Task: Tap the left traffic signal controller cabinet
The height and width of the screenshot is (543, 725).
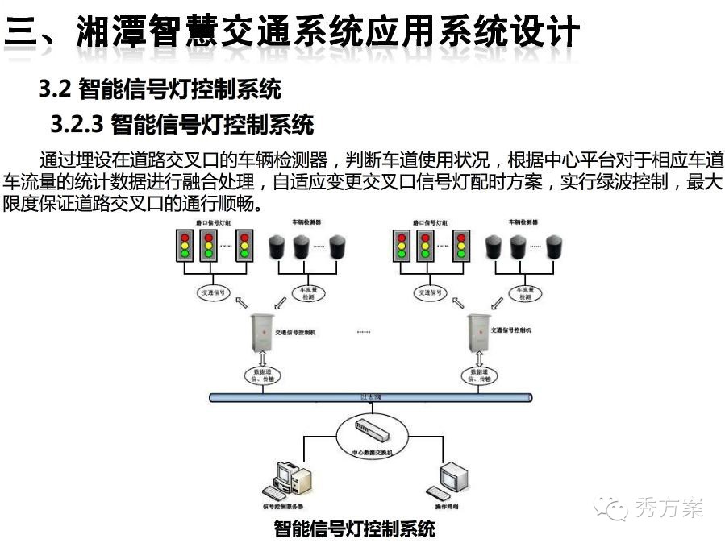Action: [x=261, y=330]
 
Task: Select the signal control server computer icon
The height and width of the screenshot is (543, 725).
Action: [x=286, y=480]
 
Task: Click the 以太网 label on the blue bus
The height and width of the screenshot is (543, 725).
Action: [x=371, y=396]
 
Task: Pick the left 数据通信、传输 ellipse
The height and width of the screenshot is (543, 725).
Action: [x=261, y=375]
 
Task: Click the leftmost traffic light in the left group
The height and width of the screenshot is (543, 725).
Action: [x=185, y=246]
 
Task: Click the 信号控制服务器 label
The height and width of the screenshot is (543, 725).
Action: [x=282, y=507]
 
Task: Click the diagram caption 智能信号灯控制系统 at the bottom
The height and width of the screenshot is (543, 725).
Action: [x=354, y=528]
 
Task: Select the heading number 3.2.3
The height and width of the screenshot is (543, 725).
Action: [x=78, y=125]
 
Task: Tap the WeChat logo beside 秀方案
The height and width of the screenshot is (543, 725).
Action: [x=610, y=508]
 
